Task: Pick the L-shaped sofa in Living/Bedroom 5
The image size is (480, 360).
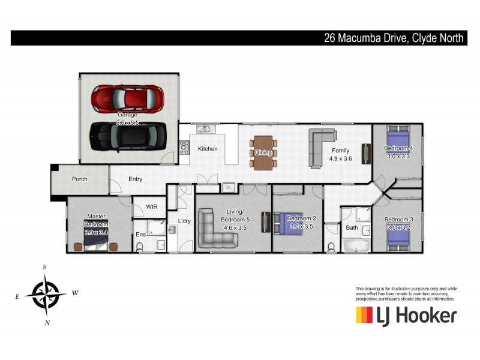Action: pyautogui.click(x=217, y=229)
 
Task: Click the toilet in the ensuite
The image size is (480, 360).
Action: pyautogui.click(x=140, y=246)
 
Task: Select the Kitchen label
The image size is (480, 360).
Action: pyautogui.click(x=208, y=149)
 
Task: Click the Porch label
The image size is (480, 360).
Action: pyautogui.click(x=79, y=179)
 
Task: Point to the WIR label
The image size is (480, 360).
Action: pyautogui.click(x=152, y=206)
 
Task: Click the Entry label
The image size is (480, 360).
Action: pyautogui.click(x=135, y=179)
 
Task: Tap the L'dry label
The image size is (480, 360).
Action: pyautogui.click(x=185, y=221)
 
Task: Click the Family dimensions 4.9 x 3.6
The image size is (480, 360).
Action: pyautogui.click(x=340, y=159)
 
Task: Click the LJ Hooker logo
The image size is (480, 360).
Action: pyautogui.click(x=406, y=316)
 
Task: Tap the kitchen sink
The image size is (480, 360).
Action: pyautogui.click(x=204, y=128)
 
